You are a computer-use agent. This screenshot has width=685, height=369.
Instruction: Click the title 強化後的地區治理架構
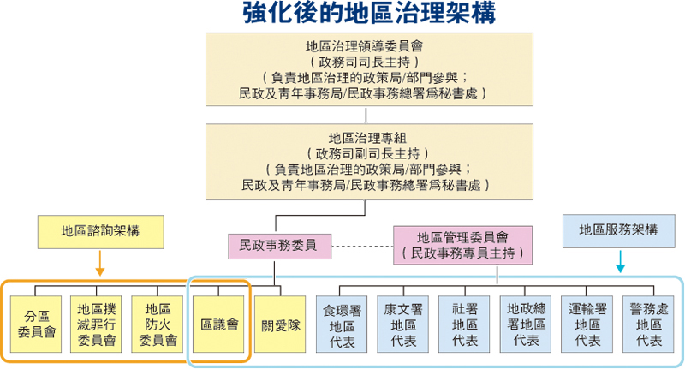click(x=368, y=15)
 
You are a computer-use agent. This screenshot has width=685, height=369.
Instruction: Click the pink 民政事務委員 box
click(x=280, y=245)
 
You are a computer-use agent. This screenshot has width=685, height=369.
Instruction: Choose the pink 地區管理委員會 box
click(x=462, y=245)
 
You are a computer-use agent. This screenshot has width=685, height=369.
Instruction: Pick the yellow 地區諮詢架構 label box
click(x=101, y=230)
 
